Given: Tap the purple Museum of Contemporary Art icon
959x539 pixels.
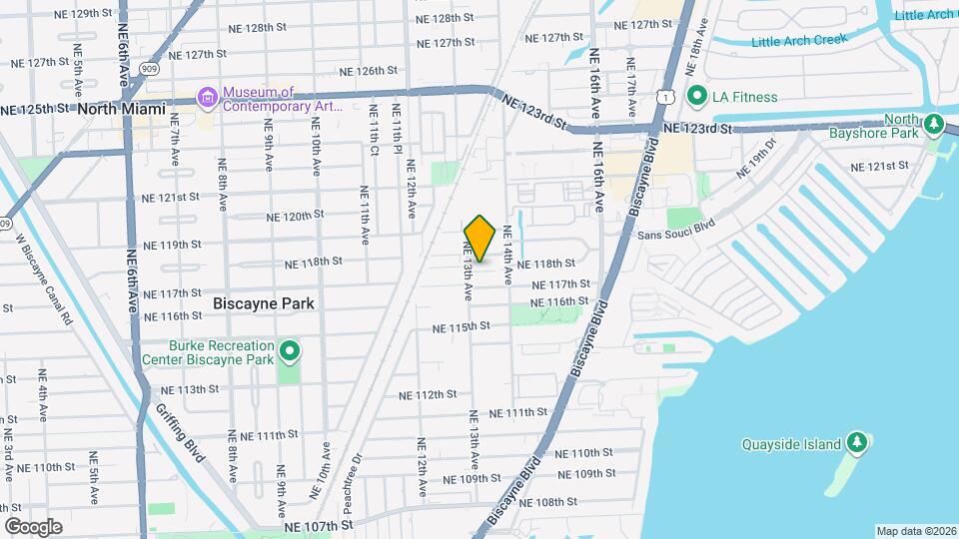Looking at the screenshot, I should click(x=208, y=98).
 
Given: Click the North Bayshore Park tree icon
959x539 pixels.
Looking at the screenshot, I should click(x=933, y=124).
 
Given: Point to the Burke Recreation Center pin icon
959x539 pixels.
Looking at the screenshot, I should click(x=290, y=350).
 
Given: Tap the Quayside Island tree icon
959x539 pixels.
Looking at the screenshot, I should click(x=856, y=441).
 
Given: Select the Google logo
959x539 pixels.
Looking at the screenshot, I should click(x=33, y=526).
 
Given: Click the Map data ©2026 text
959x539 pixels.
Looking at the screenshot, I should click(x=916, y=531).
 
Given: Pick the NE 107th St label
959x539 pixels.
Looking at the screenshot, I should click(x=319, y=524).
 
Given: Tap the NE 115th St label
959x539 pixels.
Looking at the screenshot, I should click(x=462, y=327).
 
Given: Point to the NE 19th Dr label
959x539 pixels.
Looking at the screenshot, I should click(x=755, y=161).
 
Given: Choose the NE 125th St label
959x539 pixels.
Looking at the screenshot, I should click(x=35, y=108).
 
